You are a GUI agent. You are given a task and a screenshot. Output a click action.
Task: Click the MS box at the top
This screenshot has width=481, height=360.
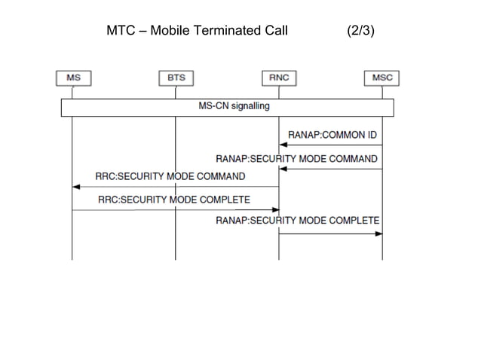(x=72, y=78)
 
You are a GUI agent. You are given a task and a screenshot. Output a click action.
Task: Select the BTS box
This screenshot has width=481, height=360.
(x=176, y=78)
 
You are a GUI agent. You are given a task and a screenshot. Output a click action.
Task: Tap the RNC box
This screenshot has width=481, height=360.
(x=279, y=78)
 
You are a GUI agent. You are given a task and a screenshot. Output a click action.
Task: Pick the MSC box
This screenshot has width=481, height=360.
(x=381, y=78)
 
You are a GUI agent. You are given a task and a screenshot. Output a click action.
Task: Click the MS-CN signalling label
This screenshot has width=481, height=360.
(x=234, y=106)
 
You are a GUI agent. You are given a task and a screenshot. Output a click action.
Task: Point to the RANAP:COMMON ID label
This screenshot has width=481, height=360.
(x=332, y=135)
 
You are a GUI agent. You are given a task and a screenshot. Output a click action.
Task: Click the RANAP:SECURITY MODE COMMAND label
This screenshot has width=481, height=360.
(x=296, y=159)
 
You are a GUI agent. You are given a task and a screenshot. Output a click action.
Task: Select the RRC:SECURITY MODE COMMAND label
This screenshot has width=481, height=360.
(x=170, y=176)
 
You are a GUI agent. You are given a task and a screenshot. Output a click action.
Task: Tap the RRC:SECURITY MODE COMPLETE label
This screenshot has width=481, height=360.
(x=173, y=200)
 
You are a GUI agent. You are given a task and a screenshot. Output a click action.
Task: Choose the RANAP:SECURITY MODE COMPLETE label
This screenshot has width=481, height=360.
(x=297, y=220)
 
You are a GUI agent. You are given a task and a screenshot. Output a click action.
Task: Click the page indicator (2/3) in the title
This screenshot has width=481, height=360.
(x=366, y=32)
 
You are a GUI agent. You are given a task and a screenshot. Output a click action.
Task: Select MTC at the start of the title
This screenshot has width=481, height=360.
(x=121, y=32)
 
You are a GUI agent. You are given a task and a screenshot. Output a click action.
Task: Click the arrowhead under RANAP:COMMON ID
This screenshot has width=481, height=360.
(x=283, y=145)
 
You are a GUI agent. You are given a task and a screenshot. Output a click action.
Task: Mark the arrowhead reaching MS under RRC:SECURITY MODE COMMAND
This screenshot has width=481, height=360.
(x=76, y=187)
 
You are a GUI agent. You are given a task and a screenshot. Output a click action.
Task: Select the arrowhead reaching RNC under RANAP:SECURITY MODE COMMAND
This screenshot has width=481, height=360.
(x=283, y=169)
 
